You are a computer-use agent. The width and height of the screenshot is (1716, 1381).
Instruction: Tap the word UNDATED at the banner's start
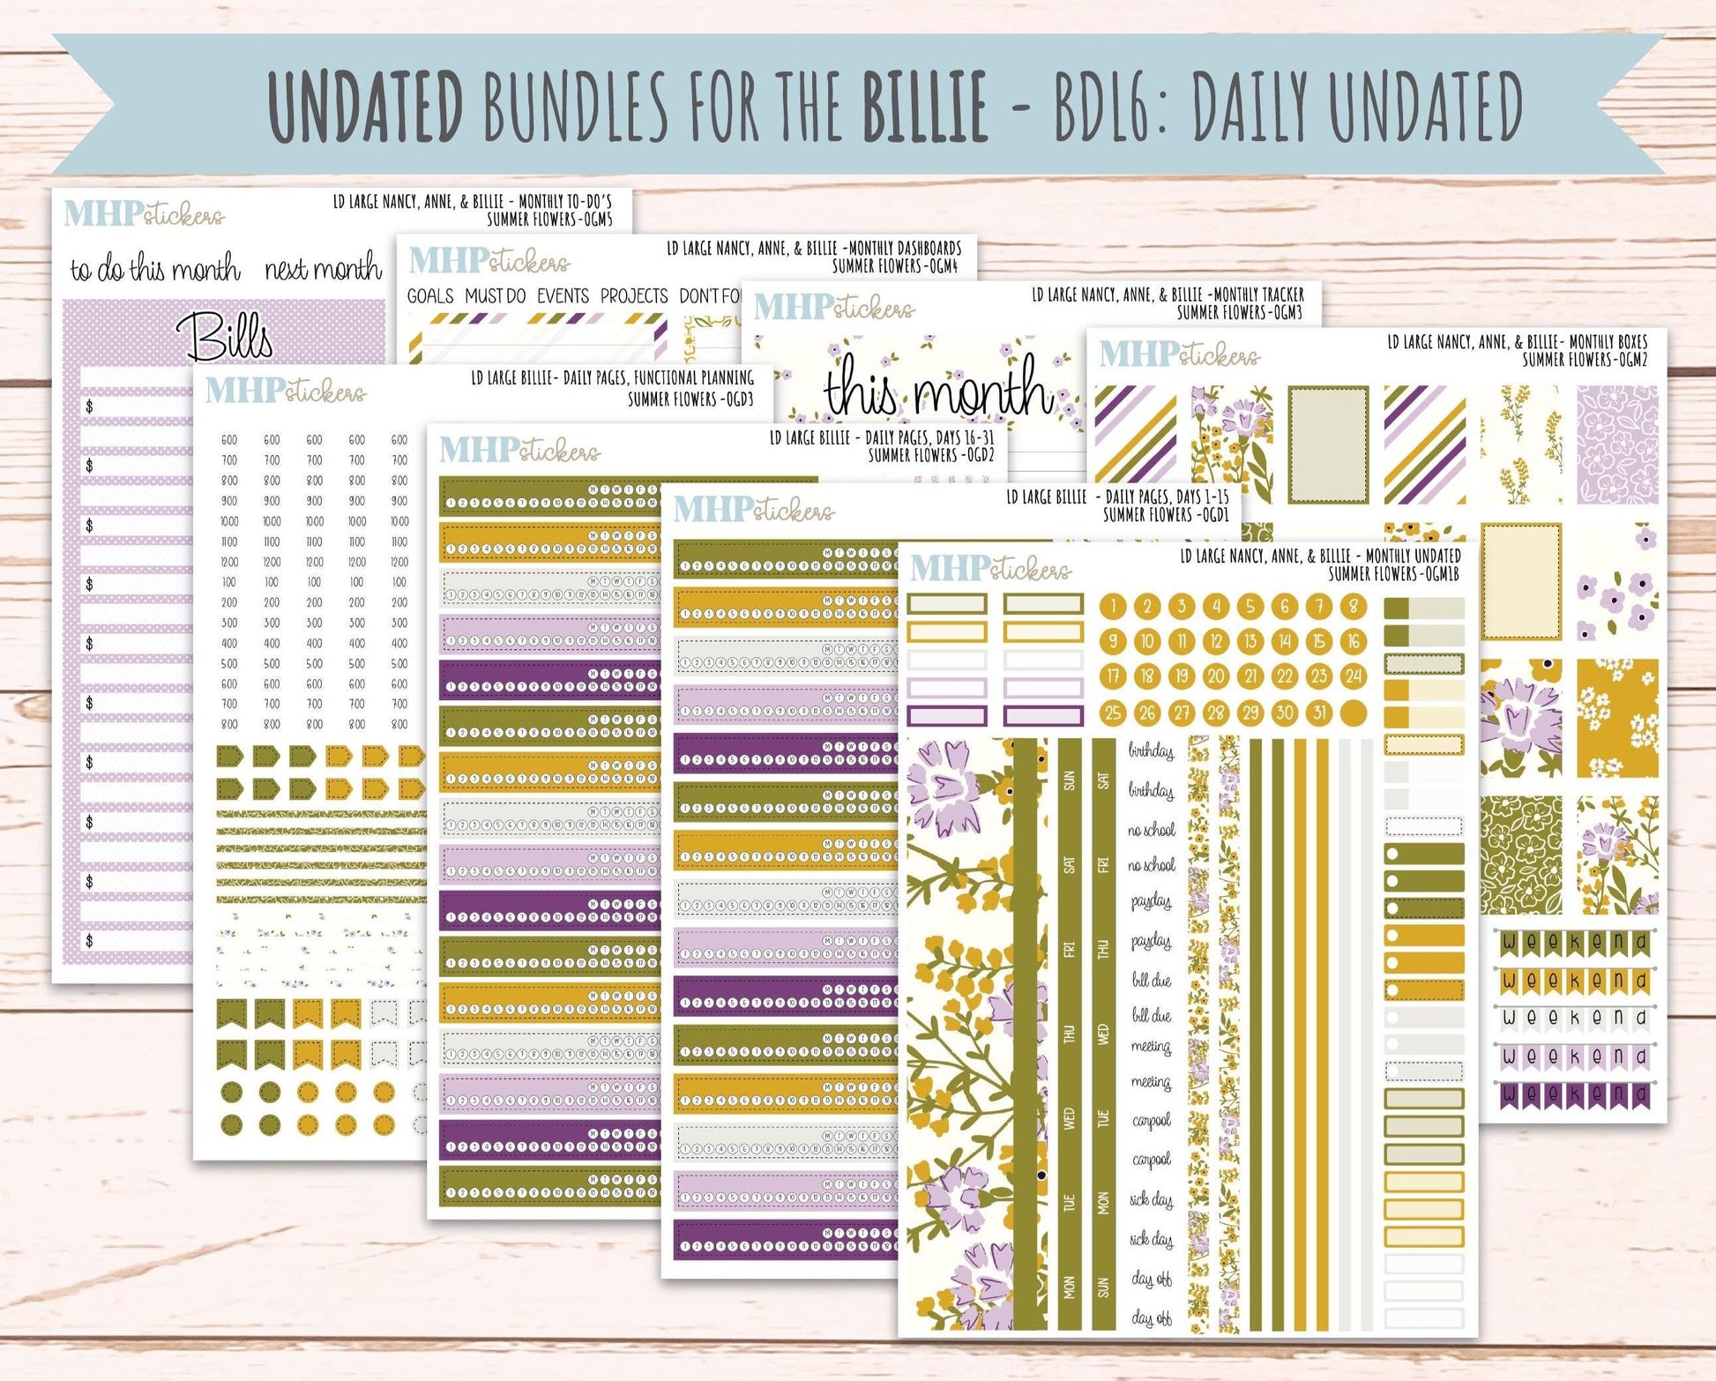coord(366,106)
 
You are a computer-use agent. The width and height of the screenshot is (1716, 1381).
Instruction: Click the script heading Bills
coord(225,335)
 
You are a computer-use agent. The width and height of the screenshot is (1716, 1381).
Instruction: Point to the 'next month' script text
coord(323,268)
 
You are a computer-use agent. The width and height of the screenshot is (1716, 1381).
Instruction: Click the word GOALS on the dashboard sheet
coord(430,296)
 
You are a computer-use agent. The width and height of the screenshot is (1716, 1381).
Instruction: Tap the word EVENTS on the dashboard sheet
coord(563,296)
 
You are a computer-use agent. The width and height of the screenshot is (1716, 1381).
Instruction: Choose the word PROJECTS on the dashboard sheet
coord(634,296)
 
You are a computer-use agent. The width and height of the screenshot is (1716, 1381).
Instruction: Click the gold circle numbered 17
coord(1113,676)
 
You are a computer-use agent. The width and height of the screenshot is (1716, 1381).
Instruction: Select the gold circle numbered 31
coord(1319,713)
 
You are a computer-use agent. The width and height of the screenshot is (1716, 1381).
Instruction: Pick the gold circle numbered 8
coord(1353,606)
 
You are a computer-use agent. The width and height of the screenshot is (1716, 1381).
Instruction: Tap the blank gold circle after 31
coord(1353,713)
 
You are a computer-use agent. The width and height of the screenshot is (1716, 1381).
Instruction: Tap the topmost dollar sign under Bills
coord(89,407)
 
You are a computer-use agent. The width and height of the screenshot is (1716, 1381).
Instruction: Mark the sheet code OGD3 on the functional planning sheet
coord(735,399)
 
